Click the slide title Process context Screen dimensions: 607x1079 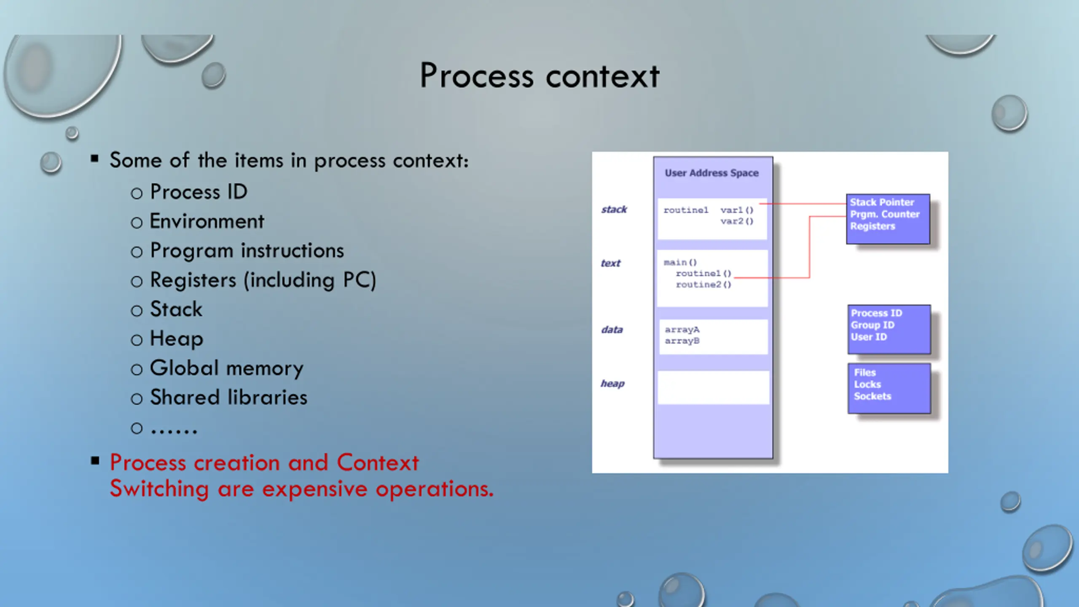539,76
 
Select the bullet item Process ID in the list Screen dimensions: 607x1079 199,192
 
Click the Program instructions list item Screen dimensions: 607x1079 247,251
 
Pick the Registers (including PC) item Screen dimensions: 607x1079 263,280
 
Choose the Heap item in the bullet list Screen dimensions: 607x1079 177,339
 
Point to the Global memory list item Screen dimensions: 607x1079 226,368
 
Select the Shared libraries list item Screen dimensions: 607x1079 228,398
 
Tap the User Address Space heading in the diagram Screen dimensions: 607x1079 711,173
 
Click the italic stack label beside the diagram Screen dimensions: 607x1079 614,209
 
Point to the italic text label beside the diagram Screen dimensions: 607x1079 610,263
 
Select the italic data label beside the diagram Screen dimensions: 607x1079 612,330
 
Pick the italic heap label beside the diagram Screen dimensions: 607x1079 612,384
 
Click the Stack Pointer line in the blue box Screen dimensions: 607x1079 882,202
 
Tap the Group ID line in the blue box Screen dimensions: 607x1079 872,325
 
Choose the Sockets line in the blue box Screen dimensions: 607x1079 872,396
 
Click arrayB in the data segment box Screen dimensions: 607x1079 682,341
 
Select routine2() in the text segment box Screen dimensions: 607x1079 703,285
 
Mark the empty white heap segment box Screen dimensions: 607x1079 713,387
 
